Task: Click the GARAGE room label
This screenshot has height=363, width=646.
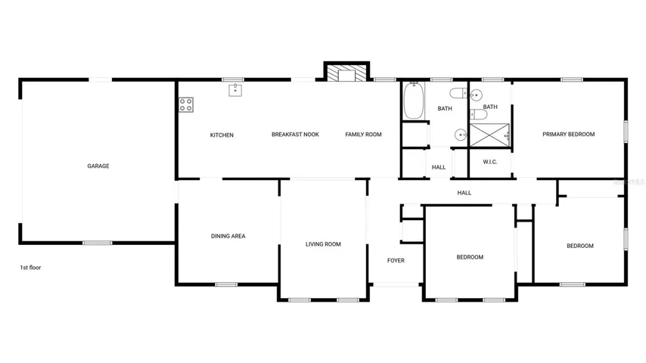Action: (98, 166)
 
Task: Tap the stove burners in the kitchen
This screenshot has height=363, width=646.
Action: (186, 104)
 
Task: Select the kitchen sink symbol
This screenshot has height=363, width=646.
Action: (235, 90)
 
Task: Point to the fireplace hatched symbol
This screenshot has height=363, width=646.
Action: (346, 73)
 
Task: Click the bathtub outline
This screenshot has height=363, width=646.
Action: (414, 101)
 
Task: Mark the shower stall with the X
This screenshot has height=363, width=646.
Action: (489, 135)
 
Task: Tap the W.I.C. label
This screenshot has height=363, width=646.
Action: (490, 162)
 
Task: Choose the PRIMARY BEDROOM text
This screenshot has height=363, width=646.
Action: (569, 135)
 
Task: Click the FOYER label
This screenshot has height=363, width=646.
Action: (396, 260)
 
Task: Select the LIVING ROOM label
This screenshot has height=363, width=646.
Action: (324, 244)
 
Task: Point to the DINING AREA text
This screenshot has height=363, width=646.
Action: (228, 236)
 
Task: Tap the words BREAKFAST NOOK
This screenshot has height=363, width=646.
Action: (296, 135)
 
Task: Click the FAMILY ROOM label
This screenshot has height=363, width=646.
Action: (363, 135)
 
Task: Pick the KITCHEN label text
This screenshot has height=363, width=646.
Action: (222, 135)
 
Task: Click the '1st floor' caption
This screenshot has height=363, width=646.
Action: (30, 268)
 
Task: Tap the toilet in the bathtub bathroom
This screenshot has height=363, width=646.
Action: (458, 94)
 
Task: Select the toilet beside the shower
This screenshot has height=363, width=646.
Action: (479, 114)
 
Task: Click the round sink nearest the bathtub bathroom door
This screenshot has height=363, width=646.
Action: (461, 135)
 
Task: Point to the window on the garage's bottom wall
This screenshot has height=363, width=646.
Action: (98, 243)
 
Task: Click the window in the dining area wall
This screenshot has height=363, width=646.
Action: (226, 284)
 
